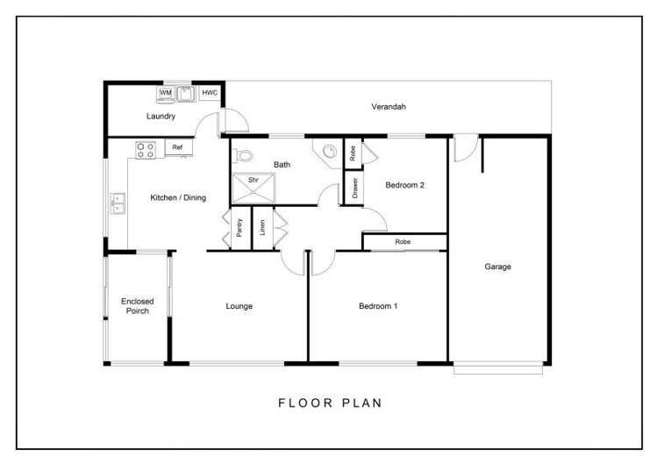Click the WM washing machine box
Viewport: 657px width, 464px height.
coord(166,92)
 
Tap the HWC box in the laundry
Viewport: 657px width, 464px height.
coord(210,92)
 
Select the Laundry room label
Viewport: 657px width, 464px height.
coord(161,116)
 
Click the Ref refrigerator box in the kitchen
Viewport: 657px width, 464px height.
coord(177,147)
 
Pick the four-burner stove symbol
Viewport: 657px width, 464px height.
coord(146,150)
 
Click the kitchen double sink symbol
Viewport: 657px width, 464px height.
coord(117,204)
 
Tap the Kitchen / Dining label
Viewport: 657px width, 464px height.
coord(178,197)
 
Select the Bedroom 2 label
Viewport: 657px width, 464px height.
coord(405,184)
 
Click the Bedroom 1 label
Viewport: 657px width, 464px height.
coord(378,306)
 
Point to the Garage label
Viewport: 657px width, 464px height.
coord(497,267)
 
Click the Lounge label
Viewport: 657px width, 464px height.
coord(239,306)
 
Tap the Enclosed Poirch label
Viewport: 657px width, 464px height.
coord(137,306)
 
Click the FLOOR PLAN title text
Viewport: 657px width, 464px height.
coord(330,403)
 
